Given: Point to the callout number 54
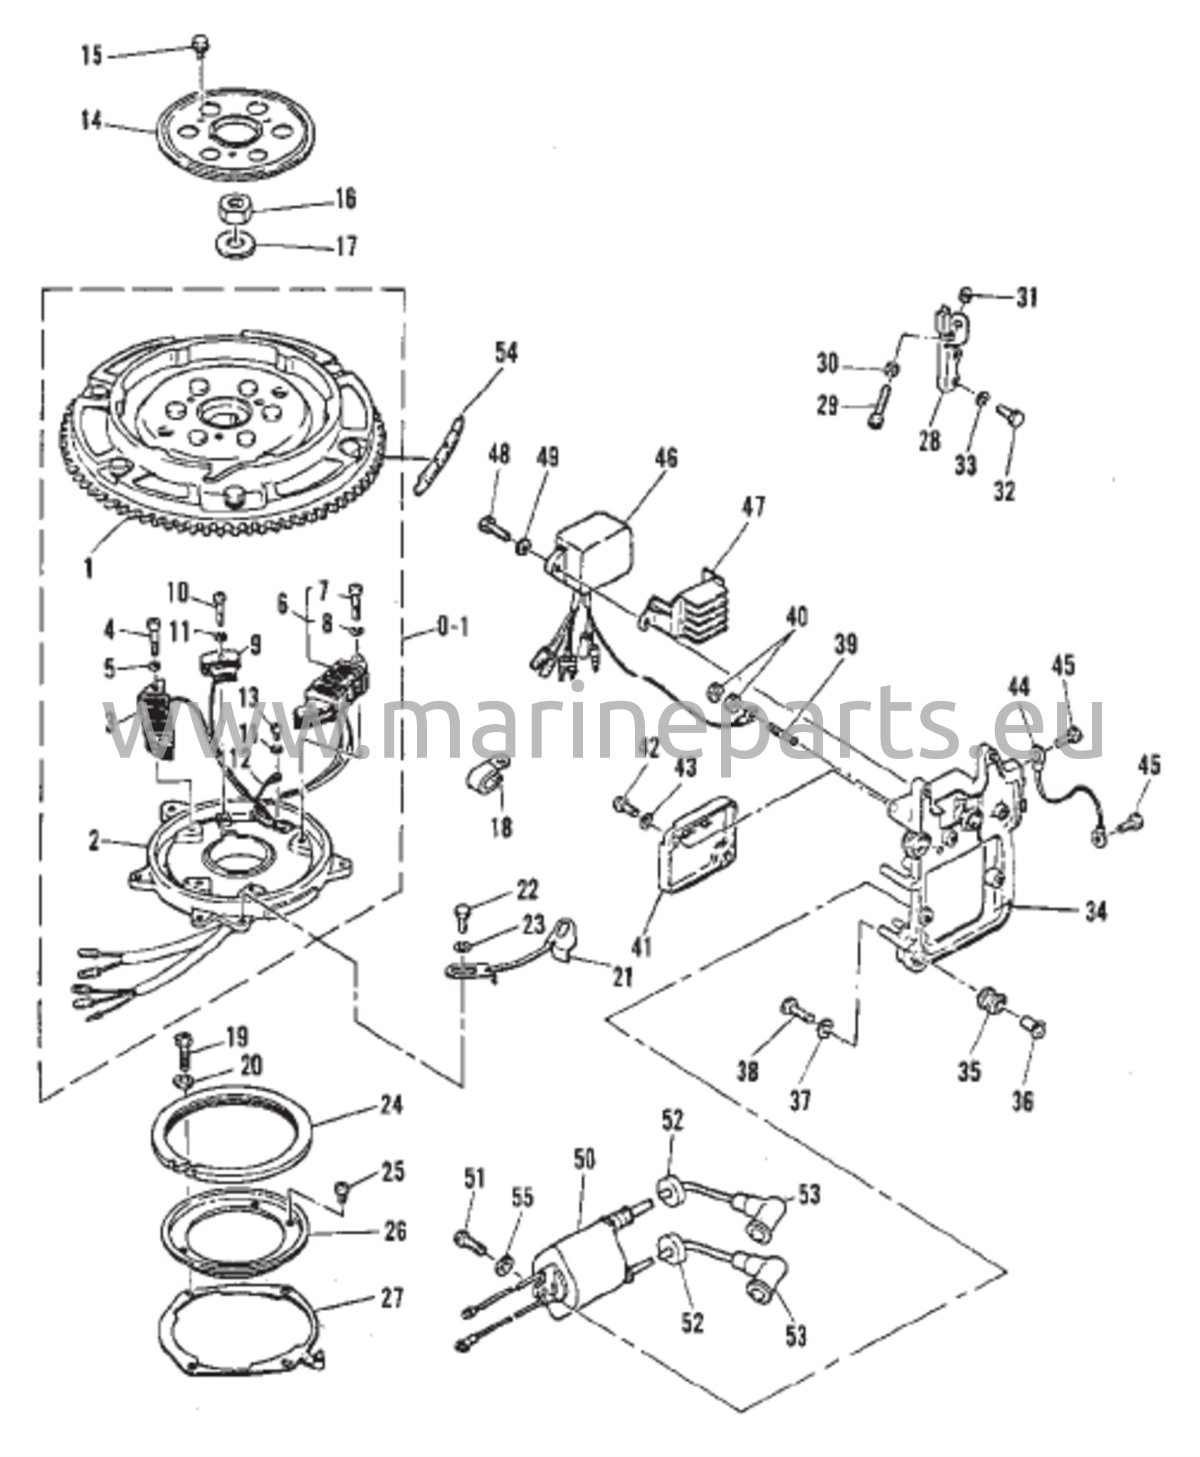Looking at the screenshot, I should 507,354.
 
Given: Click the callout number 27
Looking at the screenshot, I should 390,1298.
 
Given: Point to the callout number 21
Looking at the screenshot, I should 622,977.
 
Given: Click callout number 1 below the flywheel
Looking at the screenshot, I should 88,570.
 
